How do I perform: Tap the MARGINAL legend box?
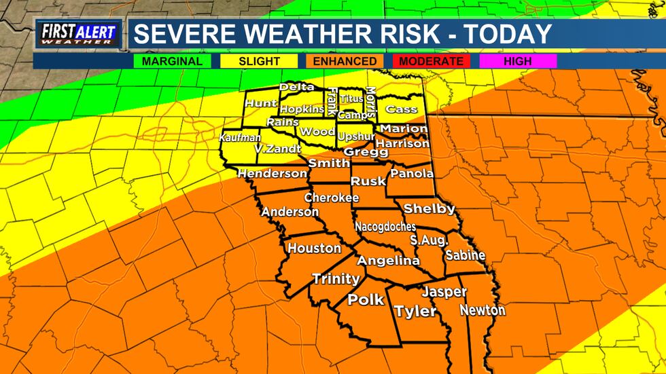click(x=172, y=61)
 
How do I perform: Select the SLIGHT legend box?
click(x=260, y=61)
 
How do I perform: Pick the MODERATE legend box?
click(x=432, y=61)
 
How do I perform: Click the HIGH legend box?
click(x=518, y=61)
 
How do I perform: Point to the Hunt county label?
click(x=261, y=103)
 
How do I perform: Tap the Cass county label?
click(x=401, y=109)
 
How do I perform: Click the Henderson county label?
click(x=272, y=174)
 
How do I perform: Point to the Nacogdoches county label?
click(x=385, y=227)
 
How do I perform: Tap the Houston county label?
click(x=314, y=248)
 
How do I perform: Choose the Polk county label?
click(x=366, y=299)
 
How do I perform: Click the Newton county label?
click(x=483, y=310)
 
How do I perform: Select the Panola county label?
click(x=413, y=174)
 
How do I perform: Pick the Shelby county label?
click(x=429, y=208)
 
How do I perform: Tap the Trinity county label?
click(x=336, y=278)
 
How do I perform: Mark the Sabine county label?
click(x=465, y=255)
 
